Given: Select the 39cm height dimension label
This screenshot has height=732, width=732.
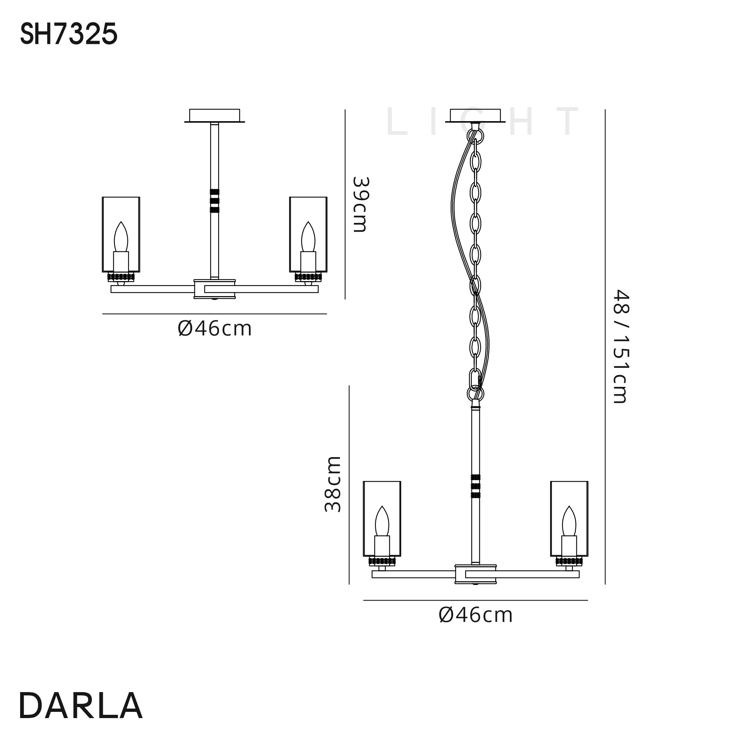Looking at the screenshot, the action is coord(359,204).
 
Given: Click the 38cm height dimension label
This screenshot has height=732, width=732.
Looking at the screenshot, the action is coord(333,484).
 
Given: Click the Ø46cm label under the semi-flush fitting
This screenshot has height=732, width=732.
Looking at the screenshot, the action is coord(214,329).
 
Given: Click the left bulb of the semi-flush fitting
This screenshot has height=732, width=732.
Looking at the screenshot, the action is coord(121,236).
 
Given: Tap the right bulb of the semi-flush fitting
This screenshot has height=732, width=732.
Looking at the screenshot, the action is coord(308,236).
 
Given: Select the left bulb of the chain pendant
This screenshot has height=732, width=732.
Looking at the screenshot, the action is coord(382,521).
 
